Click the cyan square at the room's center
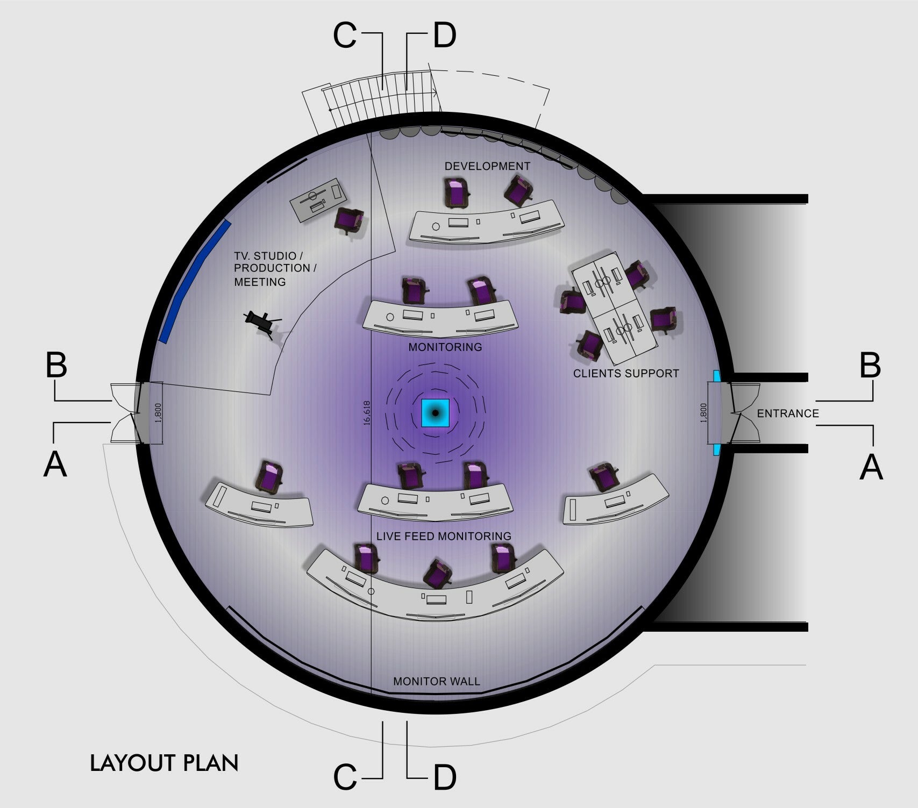click(435, 413)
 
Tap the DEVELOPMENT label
click(487, 166)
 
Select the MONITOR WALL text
click(436, 681)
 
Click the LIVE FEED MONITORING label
click(444, 536)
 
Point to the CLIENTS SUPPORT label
click(626, 373)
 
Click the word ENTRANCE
click(788, 413)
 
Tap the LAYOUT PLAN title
click(164, 763)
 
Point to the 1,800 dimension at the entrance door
click(704, 413)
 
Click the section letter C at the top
click(345, 35)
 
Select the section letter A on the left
click(55, 464)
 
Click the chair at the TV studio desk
click(349, 221)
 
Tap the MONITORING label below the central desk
click(445, 347)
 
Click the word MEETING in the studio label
click(260, 282)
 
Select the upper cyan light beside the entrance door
click(716, 376)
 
